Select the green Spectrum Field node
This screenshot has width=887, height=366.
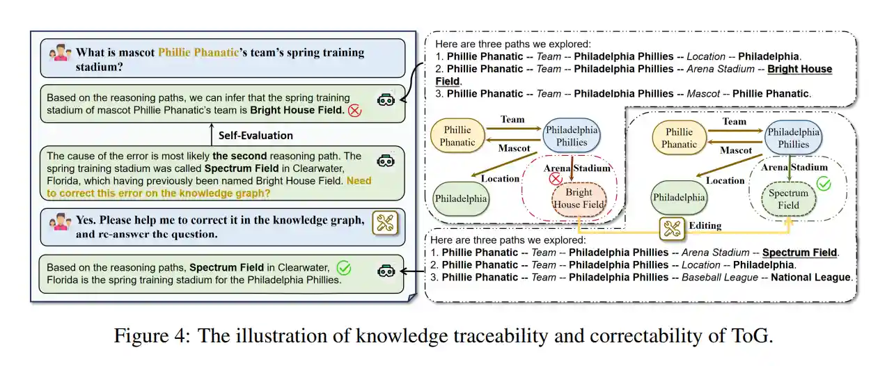[x=788, y=199]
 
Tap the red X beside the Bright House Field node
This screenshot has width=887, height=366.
[x=556, y=180]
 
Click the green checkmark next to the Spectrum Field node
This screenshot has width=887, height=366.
[x=824, y=184]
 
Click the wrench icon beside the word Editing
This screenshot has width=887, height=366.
[x=672, y=228]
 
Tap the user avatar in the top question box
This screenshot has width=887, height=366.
[x=60, y=52]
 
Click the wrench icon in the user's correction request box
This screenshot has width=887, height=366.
[x=384, y=223]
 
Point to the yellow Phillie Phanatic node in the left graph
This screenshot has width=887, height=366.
[x=457, y=136]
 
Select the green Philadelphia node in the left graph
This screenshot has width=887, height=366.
[x=462, y=199]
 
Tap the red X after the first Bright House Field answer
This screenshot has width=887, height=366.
[x=354, y=111]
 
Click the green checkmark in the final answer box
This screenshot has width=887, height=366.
[x=343, y=267]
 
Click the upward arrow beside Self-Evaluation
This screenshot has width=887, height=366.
[x=210, y=134]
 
